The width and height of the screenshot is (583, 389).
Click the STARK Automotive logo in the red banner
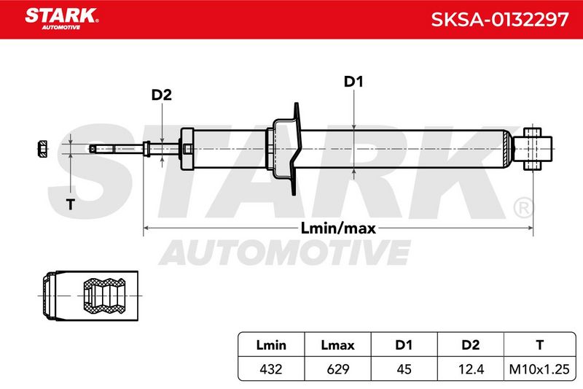(x=62, y=19)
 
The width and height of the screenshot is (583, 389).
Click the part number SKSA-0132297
(x=500, y=20)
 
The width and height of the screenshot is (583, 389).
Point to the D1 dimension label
(x=353, y=82)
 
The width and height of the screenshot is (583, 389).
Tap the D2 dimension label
(x=161, y=95)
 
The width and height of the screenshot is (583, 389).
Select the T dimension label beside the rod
(x=70, y=204)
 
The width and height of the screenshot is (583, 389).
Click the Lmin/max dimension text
(x=338, y=228)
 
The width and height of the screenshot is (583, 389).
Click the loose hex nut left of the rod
(x=43, y=149)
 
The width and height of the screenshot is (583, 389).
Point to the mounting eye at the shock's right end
(x=538, y=149)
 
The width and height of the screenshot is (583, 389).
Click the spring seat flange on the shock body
(x=296, y=149)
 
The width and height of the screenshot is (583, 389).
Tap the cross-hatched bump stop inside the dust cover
(x=104, y=296)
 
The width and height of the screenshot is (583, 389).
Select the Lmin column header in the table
(x=271, y=345)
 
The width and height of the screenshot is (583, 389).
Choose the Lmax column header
(x=337, y=345)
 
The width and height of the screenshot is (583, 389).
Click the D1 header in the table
(x=404, y=345)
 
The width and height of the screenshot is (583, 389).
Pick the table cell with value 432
(x=271, y=369)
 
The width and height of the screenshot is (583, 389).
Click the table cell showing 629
(x=337, y=369)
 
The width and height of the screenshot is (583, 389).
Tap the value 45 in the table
(x=404, y=369)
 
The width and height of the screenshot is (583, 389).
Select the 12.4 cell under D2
(x=471, y=369)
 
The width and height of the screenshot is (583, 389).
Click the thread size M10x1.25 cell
(x=539, y=369)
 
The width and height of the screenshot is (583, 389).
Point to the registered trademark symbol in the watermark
(x=523, y=208)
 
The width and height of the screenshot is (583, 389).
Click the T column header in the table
(x=539, y=345)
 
